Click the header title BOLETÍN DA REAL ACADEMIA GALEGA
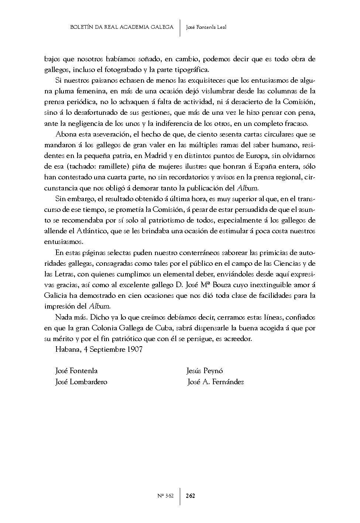pos(121,27)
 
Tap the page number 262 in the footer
pos(190,496)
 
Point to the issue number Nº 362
pos(165,496)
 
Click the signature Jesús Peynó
pos(205,371)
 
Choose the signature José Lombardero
pos(81,382)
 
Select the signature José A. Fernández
pos(216,382)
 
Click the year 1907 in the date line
pos(134,349)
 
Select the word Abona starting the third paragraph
pos(65,134)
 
